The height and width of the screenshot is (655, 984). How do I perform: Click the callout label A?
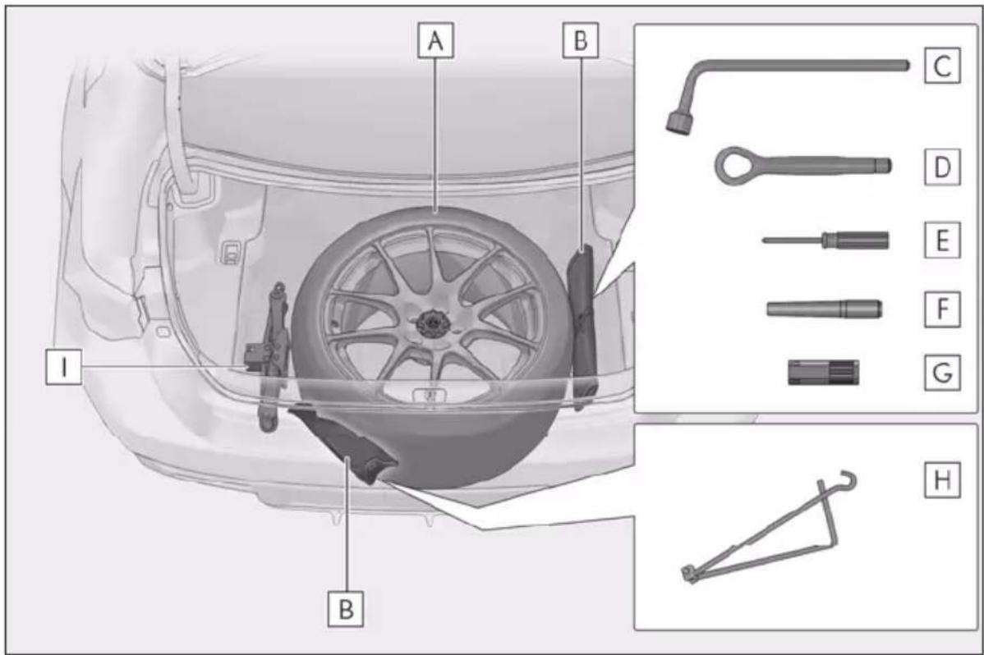coord(435,41)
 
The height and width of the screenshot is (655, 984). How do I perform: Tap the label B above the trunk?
coord(581,41)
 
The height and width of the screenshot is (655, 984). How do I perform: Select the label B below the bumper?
coord(346,608)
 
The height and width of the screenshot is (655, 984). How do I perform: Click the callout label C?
coord(942,65)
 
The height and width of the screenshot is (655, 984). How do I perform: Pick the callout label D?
coord(942,167)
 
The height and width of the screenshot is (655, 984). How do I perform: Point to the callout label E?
coord(942,240)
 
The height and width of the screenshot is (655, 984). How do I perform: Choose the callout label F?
coord(942,309)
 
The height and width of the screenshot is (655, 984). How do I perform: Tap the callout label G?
coord(942,372)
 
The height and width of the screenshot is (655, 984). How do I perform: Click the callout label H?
coord(942,480)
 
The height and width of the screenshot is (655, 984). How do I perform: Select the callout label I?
coord(63,367)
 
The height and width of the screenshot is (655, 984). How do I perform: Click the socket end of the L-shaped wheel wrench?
coord(678,122)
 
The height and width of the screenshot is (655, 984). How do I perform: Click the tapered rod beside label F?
coord(824,309)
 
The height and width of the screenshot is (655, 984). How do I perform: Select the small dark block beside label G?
coord(823,372)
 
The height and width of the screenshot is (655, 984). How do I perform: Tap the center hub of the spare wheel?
coord(430,323)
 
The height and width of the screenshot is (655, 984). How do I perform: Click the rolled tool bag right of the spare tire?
coord(583,325)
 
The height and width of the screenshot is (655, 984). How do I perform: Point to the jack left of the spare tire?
coord(271,358)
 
